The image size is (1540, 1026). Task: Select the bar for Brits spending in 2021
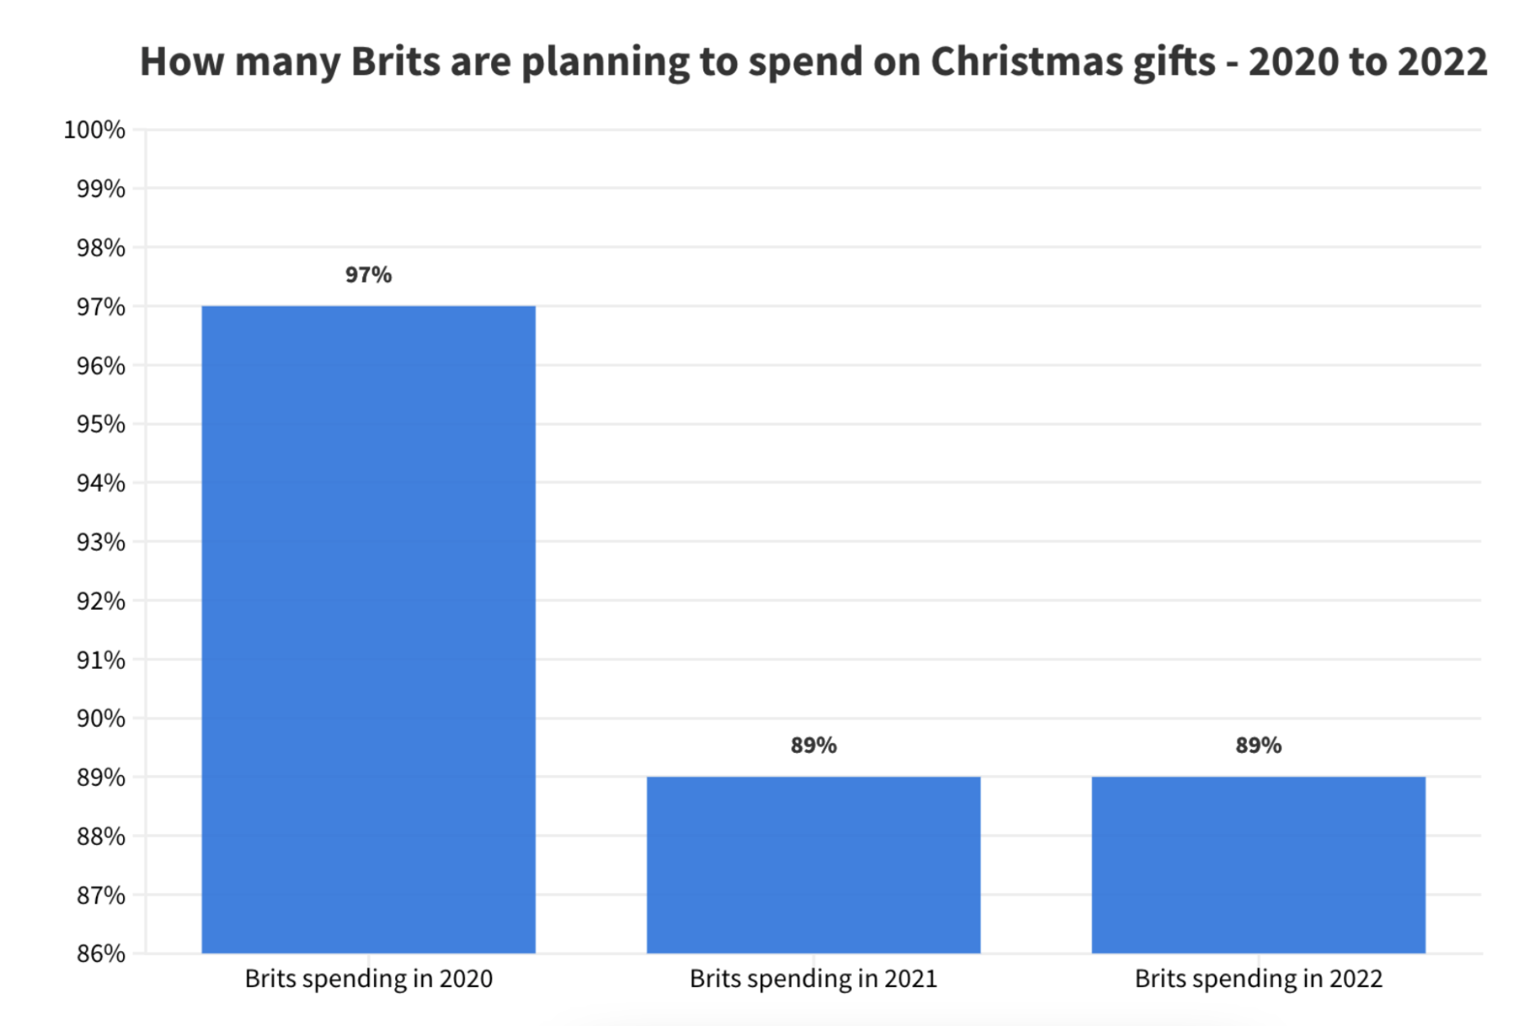tap(813, 864)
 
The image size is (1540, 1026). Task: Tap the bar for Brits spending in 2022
tap(1258, 864)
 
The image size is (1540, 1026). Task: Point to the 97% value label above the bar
tap(368, 275)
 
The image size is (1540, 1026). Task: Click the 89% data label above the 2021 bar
tap(813, 745)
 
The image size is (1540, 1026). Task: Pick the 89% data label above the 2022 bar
tap(1258, 745)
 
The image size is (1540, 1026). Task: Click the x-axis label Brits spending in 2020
tap(368, 979)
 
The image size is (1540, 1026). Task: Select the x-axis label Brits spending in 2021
tap(813, 979)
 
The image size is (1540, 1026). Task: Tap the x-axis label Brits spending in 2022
tap(1258, 979)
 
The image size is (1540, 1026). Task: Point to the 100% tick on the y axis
tap(94, 130)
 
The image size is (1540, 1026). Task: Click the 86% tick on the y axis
tap(100, 954)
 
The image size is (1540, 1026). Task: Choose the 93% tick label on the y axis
tap(100, 542)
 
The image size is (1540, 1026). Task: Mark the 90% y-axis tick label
tap(100, 719)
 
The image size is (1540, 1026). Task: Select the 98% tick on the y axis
tap(100, 248)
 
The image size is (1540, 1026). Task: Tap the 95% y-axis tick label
tap(100, 424)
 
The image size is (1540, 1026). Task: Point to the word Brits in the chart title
tap(394, 61)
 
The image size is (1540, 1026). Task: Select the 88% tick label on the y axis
tap(100, 836)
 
